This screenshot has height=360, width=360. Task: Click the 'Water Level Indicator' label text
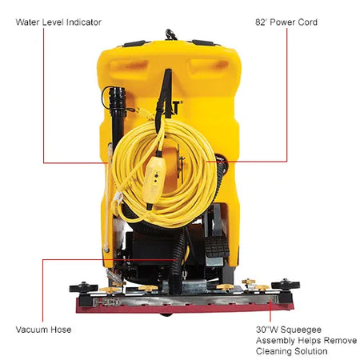click(x=58, y=22)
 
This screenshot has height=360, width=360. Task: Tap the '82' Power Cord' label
click(x=286, y=22)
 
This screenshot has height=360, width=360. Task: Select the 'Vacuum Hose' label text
click(x=43, y=329)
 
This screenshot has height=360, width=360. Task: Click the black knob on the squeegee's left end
click(x=79, y=286)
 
